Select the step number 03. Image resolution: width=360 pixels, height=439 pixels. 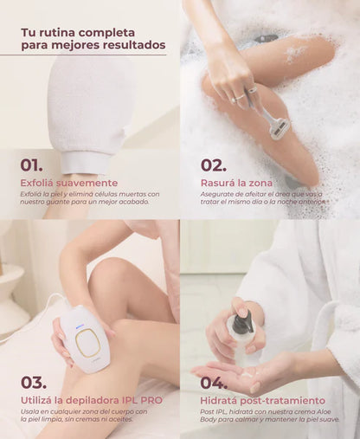pyautogui.click(x=34, y=381)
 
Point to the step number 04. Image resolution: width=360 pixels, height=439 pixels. pyautogui.click(x=215, y=381)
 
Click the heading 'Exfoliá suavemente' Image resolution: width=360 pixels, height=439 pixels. pyautogui.click(x=69, y=183)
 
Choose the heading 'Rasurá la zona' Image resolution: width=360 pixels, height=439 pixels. pyautogui.click(x=236, y=183)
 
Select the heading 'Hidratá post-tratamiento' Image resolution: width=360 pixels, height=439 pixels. pyautogui.click(x=263, y=401)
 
